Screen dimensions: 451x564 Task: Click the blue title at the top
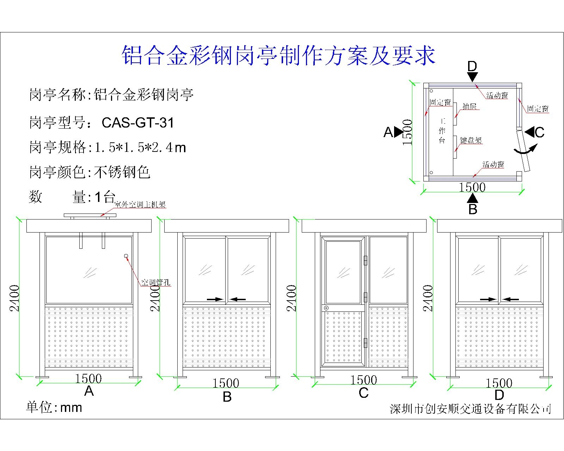tap(278, 56)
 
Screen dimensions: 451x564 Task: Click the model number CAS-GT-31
tap(138, 123)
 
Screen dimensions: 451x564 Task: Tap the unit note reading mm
tap(71, 408)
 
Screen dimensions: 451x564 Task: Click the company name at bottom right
tap(470, 409)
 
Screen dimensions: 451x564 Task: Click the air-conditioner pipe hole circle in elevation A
tap(126, 256)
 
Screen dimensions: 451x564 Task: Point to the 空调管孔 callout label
tap(155, 282)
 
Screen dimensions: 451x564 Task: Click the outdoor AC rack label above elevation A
tap(140, 205)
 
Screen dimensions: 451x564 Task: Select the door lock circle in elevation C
tap(326, 308)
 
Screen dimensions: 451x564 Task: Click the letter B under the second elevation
tap(227, 397)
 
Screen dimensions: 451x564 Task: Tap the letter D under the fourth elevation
tap(499, 395)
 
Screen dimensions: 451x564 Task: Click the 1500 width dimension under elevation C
tap(364, 380)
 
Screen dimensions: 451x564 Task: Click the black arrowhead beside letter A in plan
tap(399, 132)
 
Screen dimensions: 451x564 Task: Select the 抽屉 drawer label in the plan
tap(470, 106)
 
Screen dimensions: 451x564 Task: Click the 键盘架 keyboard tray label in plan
tap(471, 140)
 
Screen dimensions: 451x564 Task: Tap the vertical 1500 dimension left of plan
tap(407, 132)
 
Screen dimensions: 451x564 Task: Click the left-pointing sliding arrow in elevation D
tap(511, 299)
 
